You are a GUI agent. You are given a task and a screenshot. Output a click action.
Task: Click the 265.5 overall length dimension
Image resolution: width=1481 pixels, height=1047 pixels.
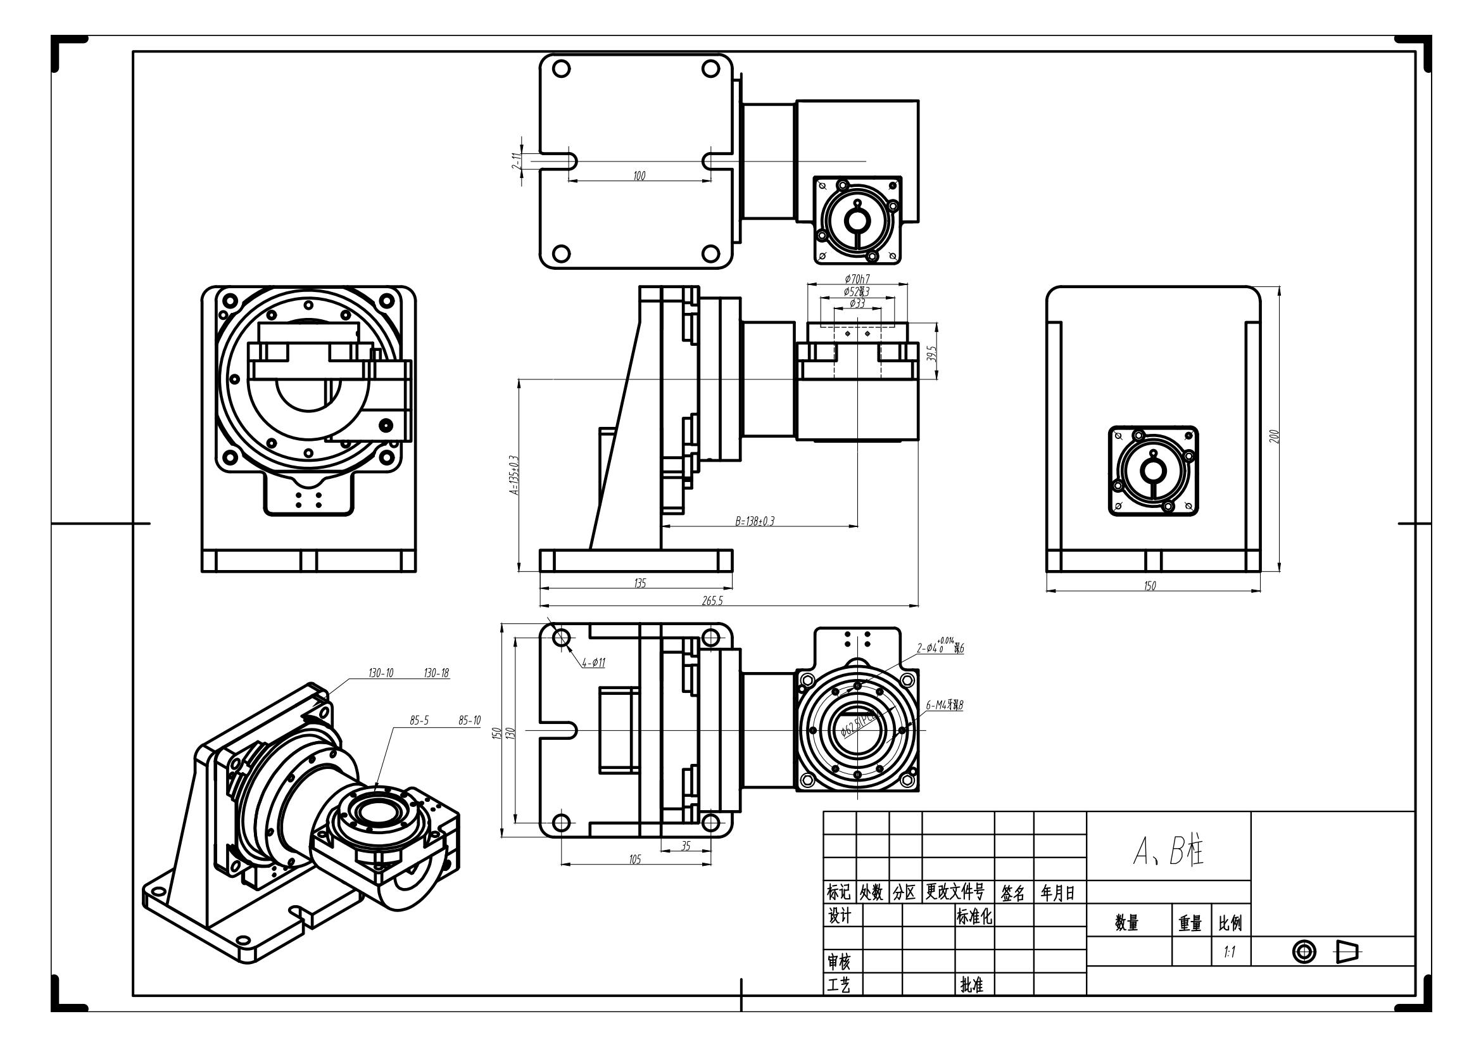coord(713,600)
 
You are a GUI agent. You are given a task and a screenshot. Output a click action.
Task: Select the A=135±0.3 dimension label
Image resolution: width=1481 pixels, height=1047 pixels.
coord(514,476)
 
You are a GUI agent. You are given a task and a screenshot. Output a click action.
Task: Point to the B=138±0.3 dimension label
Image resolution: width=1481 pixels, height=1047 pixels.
coord(755,521)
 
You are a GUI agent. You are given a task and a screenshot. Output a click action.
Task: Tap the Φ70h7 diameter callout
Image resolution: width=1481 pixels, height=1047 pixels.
coord(857,279)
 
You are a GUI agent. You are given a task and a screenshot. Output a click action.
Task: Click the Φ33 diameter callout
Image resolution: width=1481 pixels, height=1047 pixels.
coord(857,303)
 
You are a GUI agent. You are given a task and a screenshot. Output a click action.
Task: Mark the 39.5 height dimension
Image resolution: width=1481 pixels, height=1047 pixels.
coord(931,353)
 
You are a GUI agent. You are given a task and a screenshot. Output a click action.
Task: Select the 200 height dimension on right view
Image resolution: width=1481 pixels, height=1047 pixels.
coord(1273,436)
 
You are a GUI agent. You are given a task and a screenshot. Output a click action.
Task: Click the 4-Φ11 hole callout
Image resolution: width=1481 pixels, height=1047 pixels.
coord(593,663)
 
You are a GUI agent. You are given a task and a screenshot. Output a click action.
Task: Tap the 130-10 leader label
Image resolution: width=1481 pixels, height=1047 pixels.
coord(381,673)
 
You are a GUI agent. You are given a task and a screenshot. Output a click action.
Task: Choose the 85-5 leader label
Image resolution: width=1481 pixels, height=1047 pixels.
coord(419,721)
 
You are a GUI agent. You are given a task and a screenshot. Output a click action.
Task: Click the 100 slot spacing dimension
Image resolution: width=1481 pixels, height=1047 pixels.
coord(640,175)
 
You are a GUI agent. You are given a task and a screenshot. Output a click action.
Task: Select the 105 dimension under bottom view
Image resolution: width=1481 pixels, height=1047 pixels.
coord(634,860)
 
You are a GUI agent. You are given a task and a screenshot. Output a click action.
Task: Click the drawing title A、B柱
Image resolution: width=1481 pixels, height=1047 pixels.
coord(1168,852)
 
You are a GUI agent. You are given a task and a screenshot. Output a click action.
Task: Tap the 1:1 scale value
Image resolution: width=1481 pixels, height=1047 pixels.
coord(1230,951)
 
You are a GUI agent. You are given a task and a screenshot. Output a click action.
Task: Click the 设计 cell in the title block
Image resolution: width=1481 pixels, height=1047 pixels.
coord(839,915)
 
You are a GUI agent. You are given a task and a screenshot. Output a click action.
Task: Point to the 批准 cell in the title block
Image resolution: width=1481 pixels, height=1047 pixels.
coord(971,985)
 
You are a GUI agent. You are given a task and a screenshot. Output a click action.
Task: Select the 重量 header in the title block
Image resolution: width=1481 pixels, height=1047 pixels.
coord(1190,923)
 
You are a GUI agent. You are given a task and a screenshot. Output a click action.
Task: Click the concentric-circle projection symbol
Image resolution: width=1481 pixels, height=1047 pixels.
coord(1304,951)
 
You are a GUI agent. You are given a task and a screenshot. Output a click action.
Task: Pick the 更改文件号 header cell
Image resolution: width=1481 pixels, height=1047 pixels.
coord(955,892)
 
